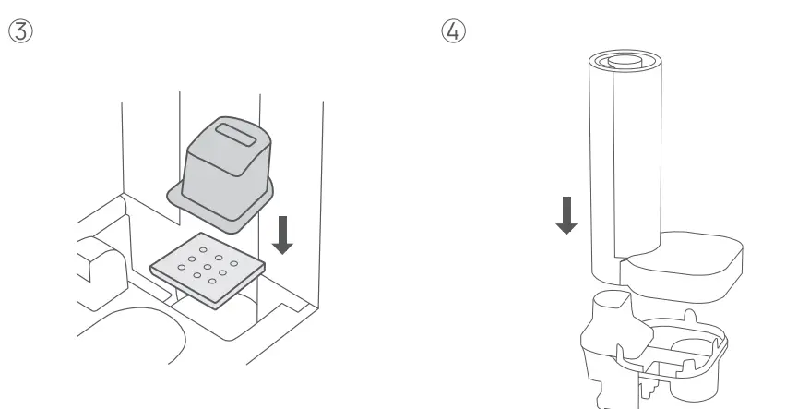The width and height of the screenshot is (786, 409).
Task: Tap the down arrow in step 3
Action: [284, 234]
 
